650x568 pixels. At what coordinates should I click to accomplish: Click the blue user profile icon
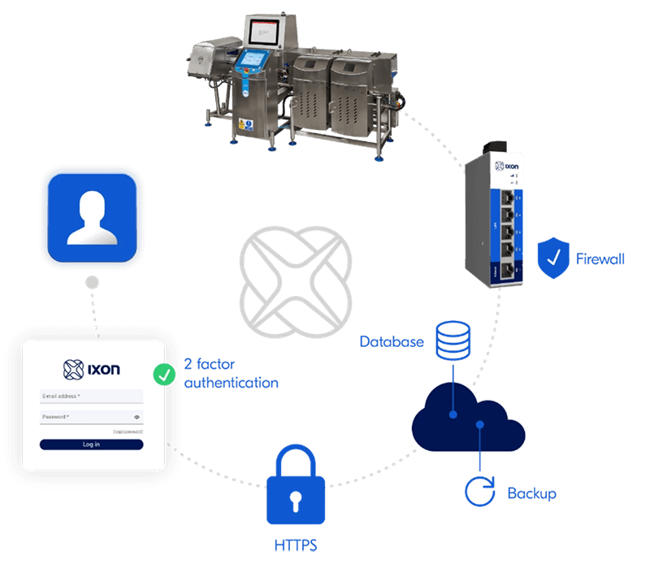point(93,219)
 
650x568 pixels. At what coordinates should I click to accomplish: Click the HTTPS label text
point(296,542)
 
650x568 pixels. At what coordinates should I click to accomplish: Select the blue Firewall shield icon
point(553,259)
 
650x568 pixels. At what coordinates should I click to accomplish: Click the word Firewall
point(600,260)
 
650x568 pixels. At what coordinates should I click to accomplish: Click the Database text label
point(392,342)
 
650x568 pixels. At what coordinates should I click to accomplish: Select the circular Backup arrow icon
point(480,492)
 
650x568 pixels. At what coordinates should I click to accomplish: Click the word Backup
point(531,493)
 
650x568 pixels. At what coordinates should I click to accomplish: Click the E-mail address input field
point(91,397)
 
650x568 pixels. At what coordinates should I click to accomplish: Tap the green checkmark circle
point(165,374)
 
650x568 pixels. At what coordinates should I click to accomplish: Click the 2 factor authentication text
point(231,374)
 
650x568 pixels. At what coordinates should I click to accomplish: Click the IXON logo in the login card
point(92,369)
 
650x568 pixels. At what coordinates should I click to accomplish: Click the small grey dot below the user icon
point(93,284)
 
